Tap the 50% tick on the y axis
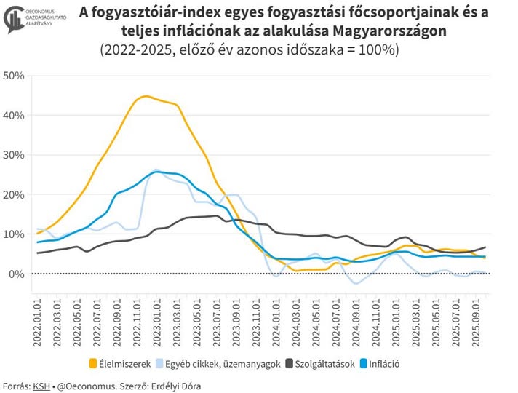pyautogui.click(x=14, y=76)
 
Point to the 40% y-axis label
pyautogui.click(x=14, y=115)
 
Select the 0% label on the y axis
pyautogui.click(x=17, y=274)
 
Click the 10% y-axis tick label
pyautogui.click(x=14, y=234)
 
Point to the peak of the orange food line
pyautogui.click(x=146, y=96)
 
